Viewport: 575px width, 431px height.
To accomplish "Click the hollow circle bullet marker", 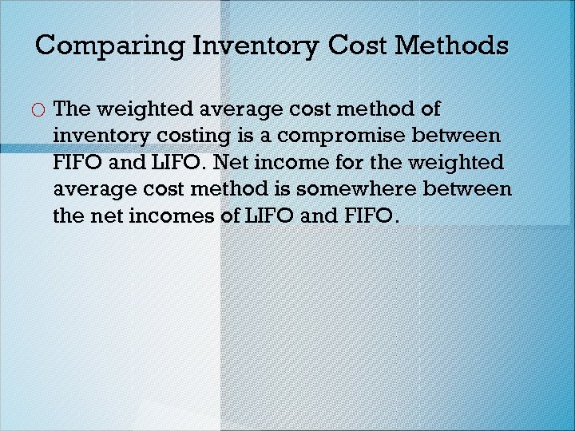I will [38, 109].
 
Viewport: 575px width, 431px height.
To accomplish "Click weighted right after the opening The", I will [147, 108].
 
